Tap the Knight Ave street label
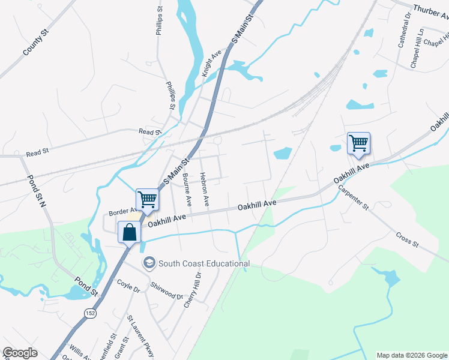(211, 62)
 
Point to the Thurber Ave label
(430, 13)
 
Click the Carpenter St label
(352, 196)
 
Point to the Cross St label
(407, 238)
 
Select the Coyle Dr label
(128, 286)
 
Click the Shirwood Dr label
(167, 292)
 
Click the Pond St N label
(35, 191)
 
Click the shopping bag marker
(130, 232)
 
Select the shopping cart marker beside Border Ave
(147, 199)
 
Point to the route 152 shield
(90, 313)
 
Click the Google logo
(20, 353)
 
